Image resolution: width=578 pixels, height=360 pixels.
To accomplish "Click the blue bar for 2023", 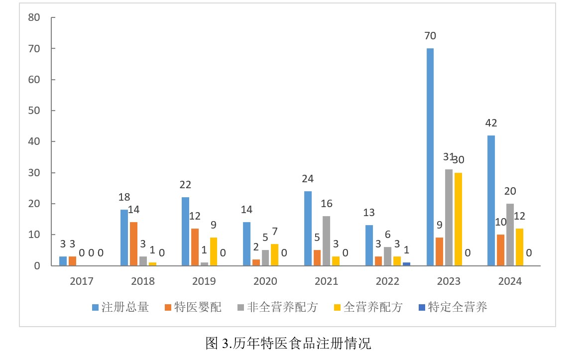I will pos(430,157).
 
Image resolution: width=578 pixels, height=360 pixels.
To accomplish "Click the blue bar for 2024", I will pos(491,200).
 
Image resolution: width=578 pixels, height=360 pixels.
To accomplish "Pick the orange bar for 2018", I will pos(134,243).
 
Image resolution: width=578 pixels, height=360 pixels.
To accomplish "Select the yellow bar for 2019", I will pos(214,251).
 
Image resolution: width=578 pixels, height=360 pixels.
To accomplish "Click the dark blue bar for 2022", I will pos(407,264).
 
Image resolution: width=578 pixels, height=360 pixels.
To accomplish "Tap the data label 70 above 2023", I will pos(430,36).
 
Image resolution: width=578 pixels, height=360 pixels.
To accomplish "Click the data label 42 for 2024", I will pos(491,123).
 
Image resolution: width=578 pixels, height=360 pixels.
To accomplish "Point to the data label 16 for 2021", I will pos(327,204).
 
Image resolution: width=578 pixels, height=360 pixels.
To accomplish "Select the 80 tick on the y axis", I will pos(34,18).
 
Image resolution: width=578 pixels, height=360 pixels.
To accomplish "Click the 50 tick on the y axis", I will pos(34,111).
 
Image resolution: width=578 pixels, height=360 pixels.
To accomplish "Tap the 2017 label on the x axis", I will pos(82,281).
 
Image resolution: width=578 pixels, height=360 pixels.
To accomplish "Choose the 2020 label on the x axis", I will pos(265,281).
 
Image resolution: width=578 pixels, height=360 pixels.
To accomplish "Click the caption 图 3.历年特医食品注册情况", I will pos(289,344).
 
